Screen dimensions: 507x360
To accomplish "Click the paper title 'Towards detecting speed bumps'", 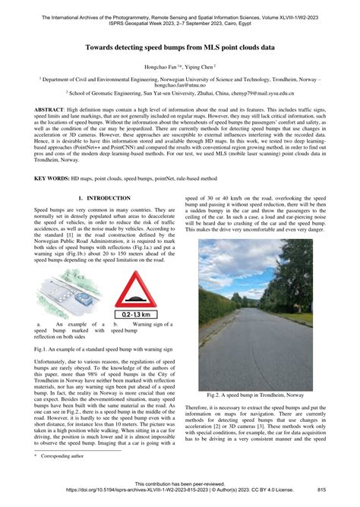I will coord(179,46).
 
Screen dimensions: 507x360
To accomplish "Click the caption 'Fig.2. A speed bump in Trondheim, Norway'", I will coord(255,395).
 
